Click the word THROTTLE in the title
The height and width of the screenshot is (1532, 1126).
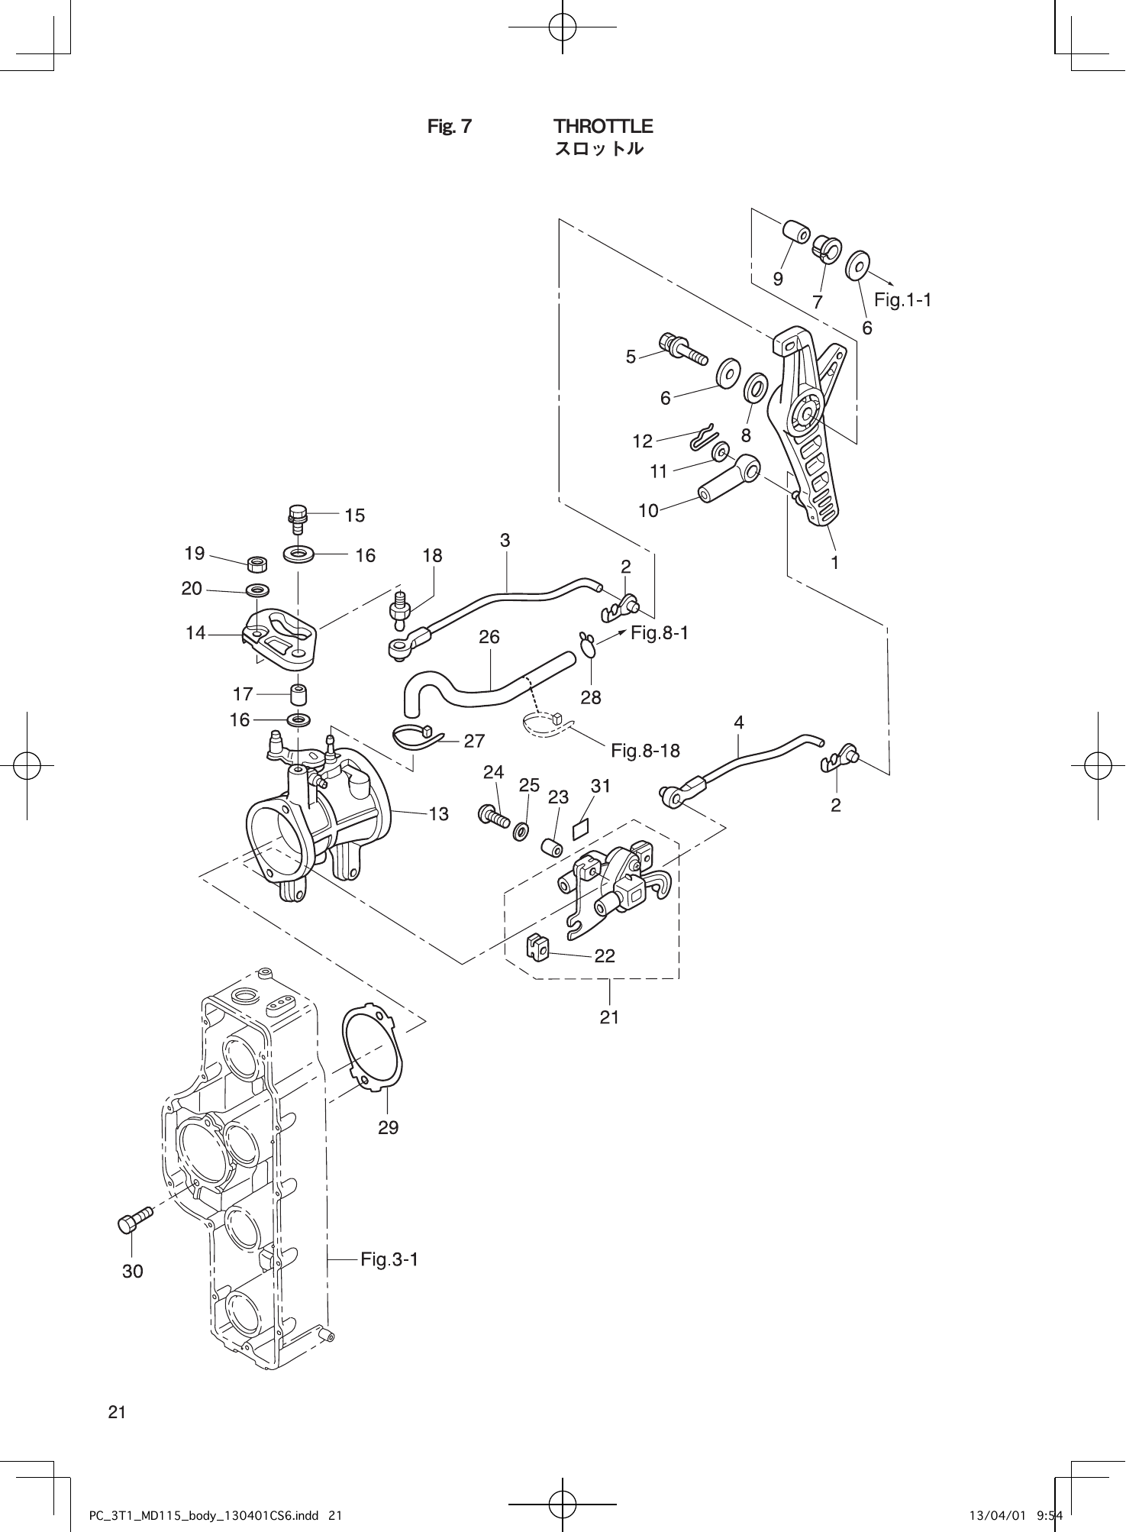click(603, 125)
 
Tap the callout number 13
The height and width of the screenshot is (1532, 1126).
click(438, 814)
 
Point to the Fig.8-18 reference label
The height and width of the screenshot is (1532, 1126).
click(645, 751)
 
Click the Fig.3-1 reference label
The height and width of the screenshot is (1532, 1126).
click(389, 1259)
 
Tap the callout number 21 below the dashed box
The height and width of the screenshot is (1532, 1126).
click(608, 1016)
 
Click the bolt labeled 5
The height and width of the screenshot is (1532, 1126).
click(683, 350)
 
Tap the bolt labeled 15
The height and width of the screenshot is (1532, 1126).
click(298, 518)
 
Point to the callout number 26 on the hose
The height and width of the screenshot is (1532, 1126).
click(489, 636)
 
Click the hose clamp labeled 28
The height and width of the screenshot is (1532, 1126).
click(589, 645)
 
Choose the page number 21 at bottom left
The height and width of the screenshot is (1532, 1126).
click(117, 1411)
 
